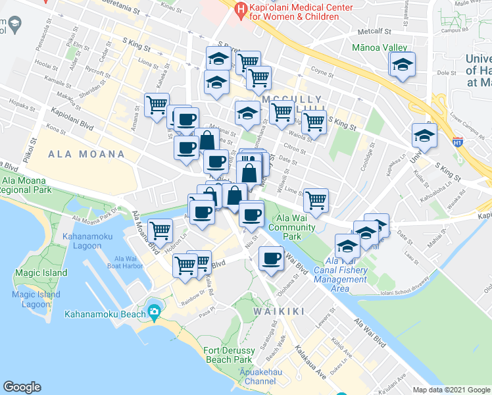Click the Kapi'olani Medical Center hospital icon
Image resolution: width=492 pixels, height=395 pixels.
[x=241, y=9]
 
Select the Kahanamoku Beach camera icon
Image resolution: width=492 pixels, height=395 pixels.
[x=154, y=311]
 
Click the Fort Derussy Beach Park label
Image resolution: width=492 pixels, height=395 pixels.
[x=228, y=355]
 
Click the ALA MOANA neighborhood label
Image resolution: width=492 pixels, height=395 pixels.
[x=86, y=154]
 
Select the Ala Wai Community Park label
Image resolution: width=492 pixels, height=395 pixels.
[x=297, y=227]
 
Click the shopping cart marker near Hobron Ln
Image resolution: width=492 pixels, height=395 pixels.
[x=159, y=230]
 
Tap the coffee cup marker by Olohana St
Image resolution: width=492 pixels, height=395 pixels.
[x=270, y=257]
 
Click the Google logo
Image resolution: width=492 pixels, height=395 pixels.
[x=22, y=386]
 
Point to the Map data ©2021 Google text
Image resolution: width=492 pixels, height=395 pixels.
[x=451, y=390]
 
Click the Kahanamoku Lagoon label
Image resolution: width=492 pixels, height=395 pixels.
[x=82, y=241]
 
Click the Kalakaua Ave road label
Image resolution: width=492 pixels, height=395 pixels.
[x=310, y=361]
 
